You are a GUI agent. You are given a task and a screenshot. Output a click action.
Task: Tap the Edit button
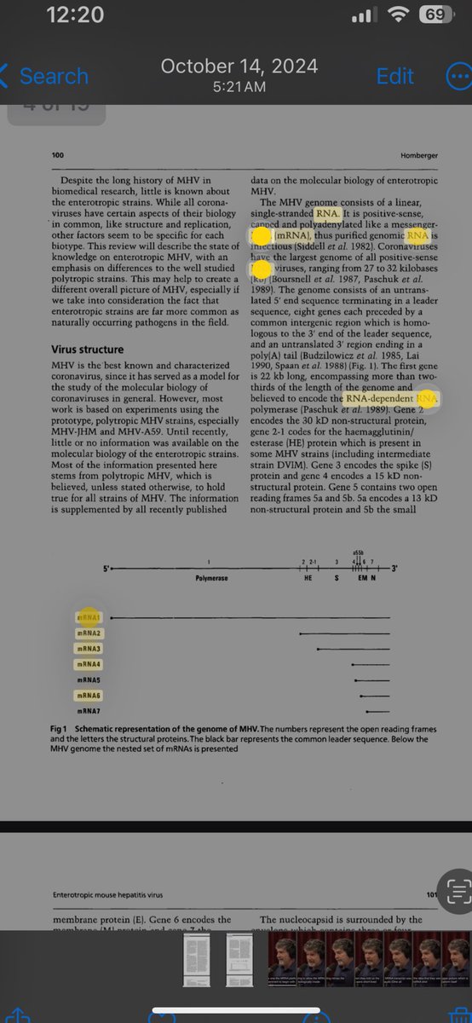tap(394, 76)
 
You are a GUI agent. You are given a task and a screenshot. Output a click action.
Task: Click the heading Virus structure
tap(88, 350)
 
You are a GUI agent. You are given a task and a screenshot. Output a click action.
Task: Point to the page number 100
tap(58, 155)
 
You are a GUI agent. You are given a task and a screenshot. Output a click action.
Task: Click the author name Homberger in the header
tap(418, 155)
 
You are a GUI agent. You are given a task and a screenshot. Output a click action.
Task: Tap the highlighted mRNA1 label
tap(89, 617)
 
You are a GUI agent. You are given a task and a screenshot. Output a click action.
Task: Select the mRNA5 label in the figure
tap(89, 680)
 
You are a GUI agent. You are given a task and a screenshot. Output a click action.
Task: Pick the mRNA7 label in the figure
tap(89, 711)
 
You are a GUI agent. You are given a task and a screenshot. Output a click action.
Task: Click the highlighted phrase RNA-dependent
tap(379, 398)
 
